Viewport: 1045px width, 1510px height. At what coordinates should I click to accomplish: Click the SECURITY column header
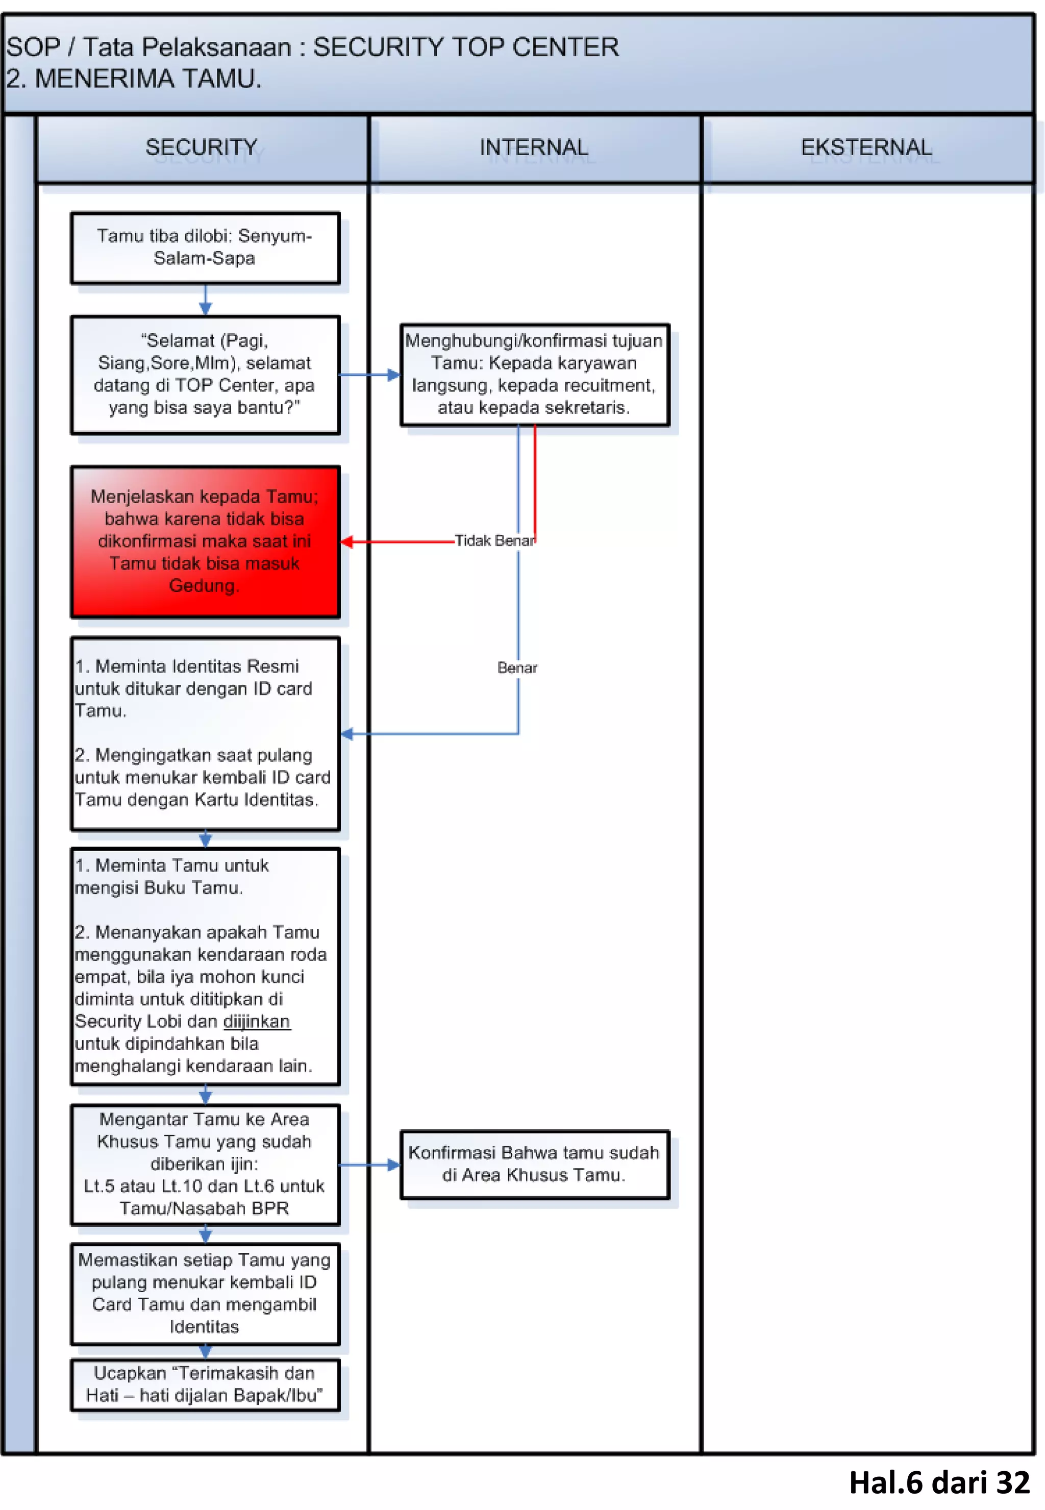click(202, 147)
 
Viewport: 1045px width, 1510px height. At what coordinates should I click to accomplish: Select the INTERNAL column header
click(534, 147)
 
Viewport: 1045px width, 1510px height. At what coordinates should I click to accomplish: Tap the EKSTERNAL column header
click(866, 147)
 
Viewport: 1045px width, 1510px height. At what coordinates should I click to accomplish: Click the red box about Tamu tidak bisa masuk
click(205, 541)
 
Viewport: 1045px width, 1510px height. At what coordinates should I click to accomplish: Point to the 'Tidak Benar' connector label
click(494, 541)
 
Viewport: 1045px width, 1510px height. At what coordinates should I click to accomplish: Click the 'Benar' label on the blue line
click(517, 668)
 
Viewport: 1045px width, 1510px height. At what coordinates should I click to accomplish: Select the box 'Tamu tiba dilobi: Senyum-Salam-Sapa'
click(205, 247)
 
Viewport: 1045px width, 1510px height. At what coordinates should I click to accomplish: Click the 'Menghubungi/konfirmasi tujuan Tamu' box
click(534, 374)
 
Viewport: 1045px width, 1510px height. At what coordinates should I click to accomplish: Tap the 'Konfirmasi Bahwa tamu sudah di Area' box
click(534, 1164)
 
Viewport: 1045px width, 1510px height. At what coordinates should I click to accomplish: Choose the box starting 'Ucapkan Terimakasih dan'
click(205, 1384)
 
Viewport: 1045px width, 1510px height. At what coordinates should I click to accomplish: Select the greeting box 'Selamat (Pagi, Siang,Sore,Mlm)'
click(205, 374)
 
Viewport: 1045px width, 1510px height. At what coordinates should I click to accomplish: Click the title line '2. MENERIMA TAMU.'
click(134, 79)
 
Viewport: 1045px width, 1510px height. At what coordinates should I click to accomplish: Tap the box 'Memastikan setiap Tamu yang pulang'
click(205, 1293)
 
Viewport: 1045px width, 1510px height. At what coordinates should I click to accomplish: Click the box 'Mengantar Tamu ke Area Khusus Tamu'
click(205, 1164)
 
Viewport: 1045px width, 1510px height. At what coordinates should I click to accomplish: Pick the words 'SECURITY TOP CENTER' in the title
click(465, 47)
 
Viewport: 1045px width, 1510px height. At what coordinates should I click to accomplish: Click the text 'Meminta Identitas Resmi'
click(196, 666)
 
